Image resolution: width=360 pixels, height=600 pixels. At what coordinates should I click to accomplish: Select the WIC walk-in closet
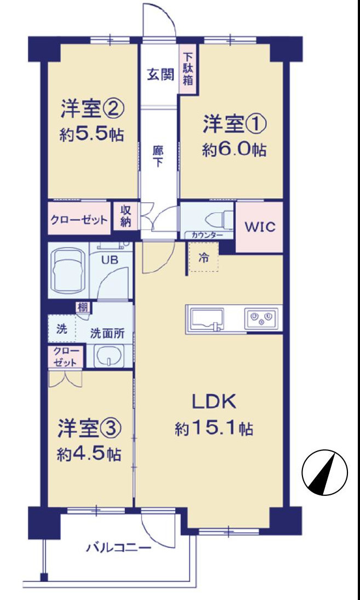259,227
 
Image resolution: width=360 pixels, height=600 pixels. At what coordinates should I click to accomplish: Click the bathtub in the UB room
67,271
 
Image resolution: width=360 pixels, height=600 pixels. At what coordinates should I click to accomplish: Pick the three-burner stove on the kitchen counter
262,318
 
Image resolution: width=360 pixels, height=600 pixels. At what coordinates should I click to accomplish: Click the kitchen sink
207,319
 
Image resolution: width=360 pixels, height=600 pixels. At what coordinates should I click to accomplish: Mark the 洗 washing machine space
61,328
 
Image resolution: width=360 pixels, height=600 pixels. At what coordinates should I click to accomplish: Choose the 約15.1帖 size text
214,428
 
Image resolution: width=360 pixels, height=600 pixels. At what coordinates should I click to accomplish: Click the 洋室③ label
90,428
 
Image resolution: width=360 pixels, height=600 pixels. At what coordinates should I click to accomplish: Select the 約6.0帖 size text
234,149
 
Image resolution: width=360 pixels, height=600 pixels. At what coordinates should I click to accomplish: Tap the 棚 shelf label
83,307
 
